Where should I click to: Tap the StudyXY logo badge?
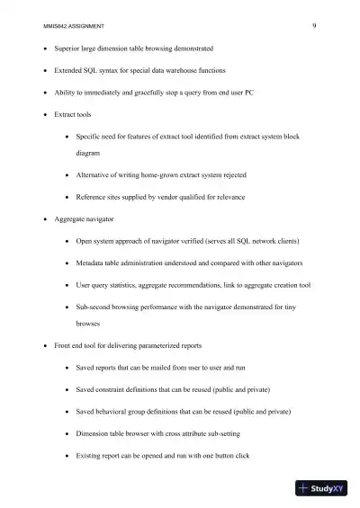(321, 489)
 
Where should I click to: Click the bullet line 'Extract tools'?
(72, 115)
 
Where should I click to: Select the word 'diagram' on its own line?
(88, 153)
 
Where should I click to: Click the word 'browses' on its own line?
(88, 323)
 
